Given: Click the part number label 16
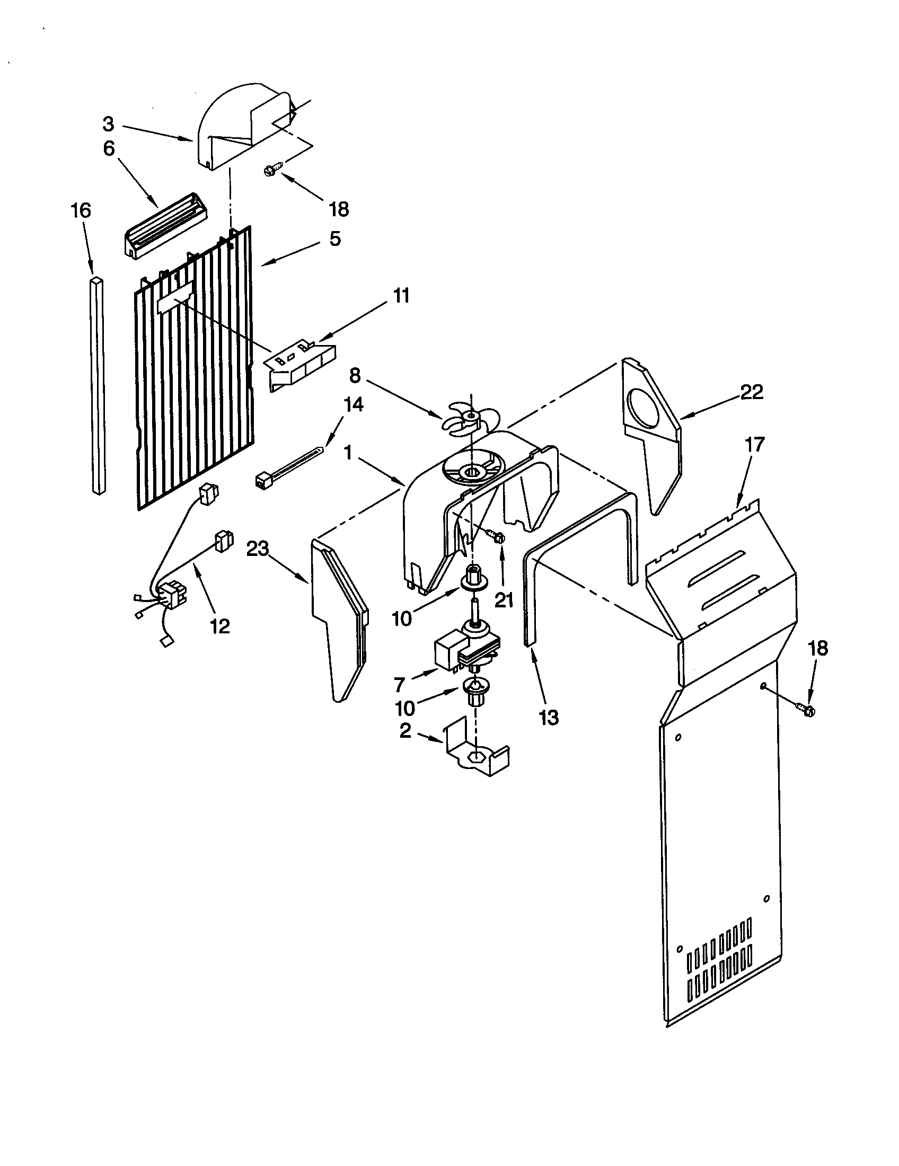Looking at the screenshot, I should pos(81,211).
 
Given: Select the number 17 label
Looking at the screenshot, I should pos(755,444).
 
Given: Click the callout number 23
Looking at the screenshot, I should pos(257,549).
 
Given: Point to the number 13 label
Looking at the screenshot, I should pos(549,718).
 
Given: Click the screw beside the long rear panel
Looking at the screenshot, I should pos(808,710).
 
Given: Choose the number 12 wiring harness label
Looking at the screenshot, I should pos(220,626).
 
